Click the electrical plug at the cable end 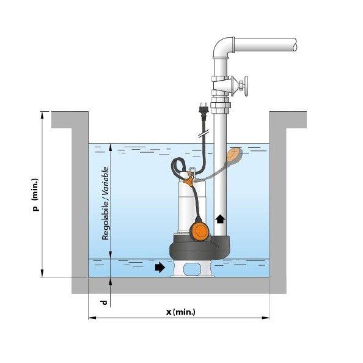coord(204,109)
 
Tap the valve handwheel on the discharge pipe coord(246,86)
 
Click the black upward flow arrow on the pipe coord(219,218)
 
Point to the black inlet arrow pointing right coord(159,268)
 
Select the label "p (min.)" coord(35,194)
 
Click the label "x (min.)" coord(181,312)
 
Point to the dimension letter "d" coord(105,302)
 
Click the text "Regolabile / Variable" coord(105,204)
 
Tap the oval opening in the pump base coord(191,268)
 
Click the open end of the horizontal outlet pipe coord(295,45)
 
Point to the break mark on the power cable coord(204,134)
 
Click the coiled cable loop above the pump coord(178,166)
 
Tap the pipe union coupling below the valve coord(221,105)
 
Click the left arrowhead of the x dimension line coord(92,318)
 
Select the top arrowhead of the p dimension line coord(42,116)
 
